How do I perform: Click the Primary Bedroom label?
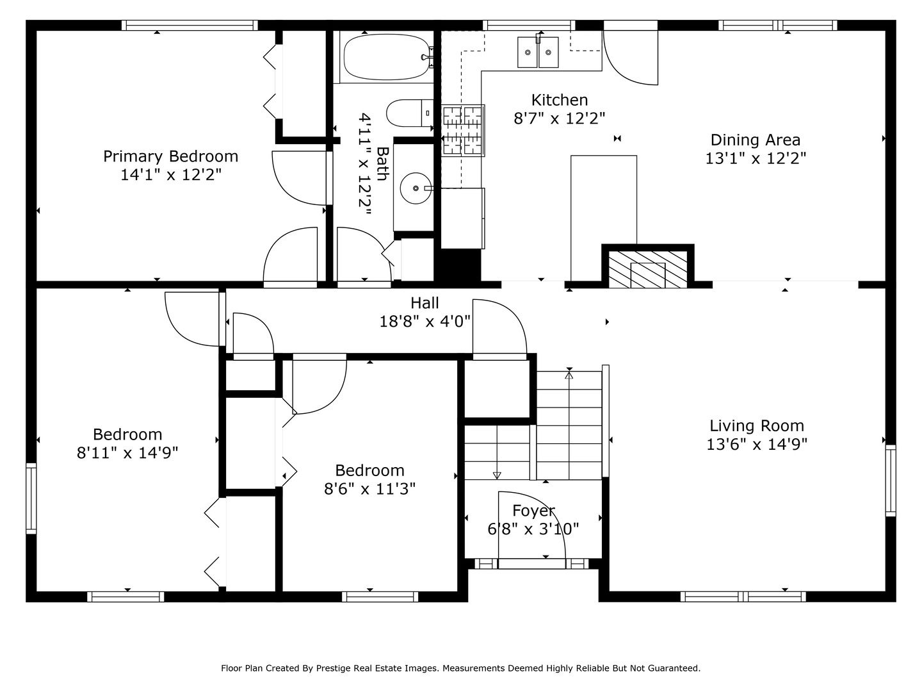[170, 156]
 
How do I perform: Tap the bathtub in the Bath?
[387, 57]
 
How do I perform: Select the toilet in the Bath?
[410, 113]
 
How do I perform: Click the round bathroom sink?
[416, 188]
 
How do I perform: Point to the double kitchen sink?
[538, 52]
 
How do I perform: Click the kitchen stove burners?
[462, 131]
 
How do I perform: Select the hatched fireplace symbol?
[648, 269]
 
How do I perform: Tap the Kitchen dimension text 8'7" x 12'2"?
[559, 119]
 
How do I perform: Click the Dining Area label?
[756, 140]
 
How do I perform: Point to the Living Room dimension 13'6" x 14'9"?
[757, 444]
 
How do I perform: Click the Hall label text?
[425, 303]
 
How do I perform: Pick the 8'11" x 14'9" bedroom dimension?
[127, 453]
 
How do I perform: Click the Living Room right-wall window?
[891, 481]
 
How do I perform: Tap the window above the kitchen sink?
[529, 25]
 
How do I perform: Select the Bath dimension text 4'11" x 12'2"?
[364, 164]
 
